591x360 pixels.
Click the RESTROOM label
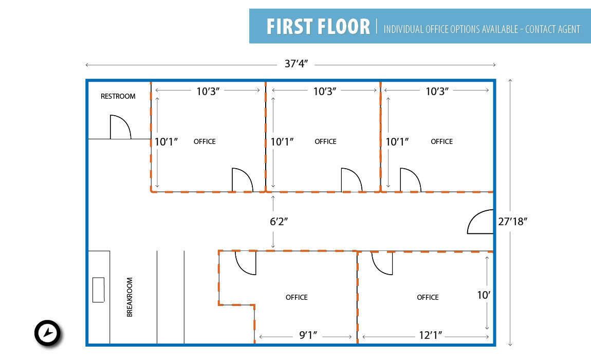(118, 96)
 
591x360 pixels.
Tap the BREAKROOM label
(130, 297)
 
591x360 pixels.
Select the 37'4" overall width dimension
(296, 64)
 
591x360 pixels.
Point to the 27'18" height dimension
(512, 222)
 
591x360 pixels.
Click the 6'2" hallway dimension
(279, 222)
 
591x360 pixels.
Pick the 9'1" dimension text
(308, 335)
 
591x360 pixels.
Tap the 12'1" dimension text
(431, 335)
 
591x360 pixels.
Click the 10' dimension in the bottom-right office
(484, 295)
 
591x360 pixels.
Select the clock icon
(47, 333)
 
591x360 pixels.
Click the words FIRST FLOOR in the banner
(318, 26)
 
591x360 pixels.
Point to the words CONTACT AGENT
(552, 29)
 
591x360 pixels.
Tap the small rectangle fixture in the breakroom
(98, 290)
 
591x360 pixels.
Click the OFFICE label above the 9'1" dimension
(297, 297)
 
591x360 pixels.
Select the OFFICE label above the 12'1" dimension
(428, 297)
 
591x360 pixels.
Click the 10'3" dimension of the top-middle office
(324, 92)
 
